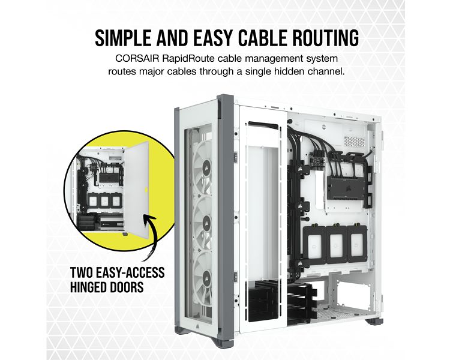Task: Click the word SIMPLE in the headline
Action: click(124, 38)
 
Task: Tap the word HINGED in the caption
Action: click(91, 287)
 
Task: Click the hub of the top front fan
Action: click(206, 167)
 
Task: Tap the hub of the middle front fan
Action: click(206, 222)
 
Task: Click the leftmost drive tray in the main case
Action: click(314, 245)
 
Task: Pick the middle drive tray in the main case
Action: click(337, 244)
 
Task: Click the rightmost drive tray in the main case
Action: click(357, 244)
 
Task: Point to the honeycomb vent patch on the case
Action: click(354, 141)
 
